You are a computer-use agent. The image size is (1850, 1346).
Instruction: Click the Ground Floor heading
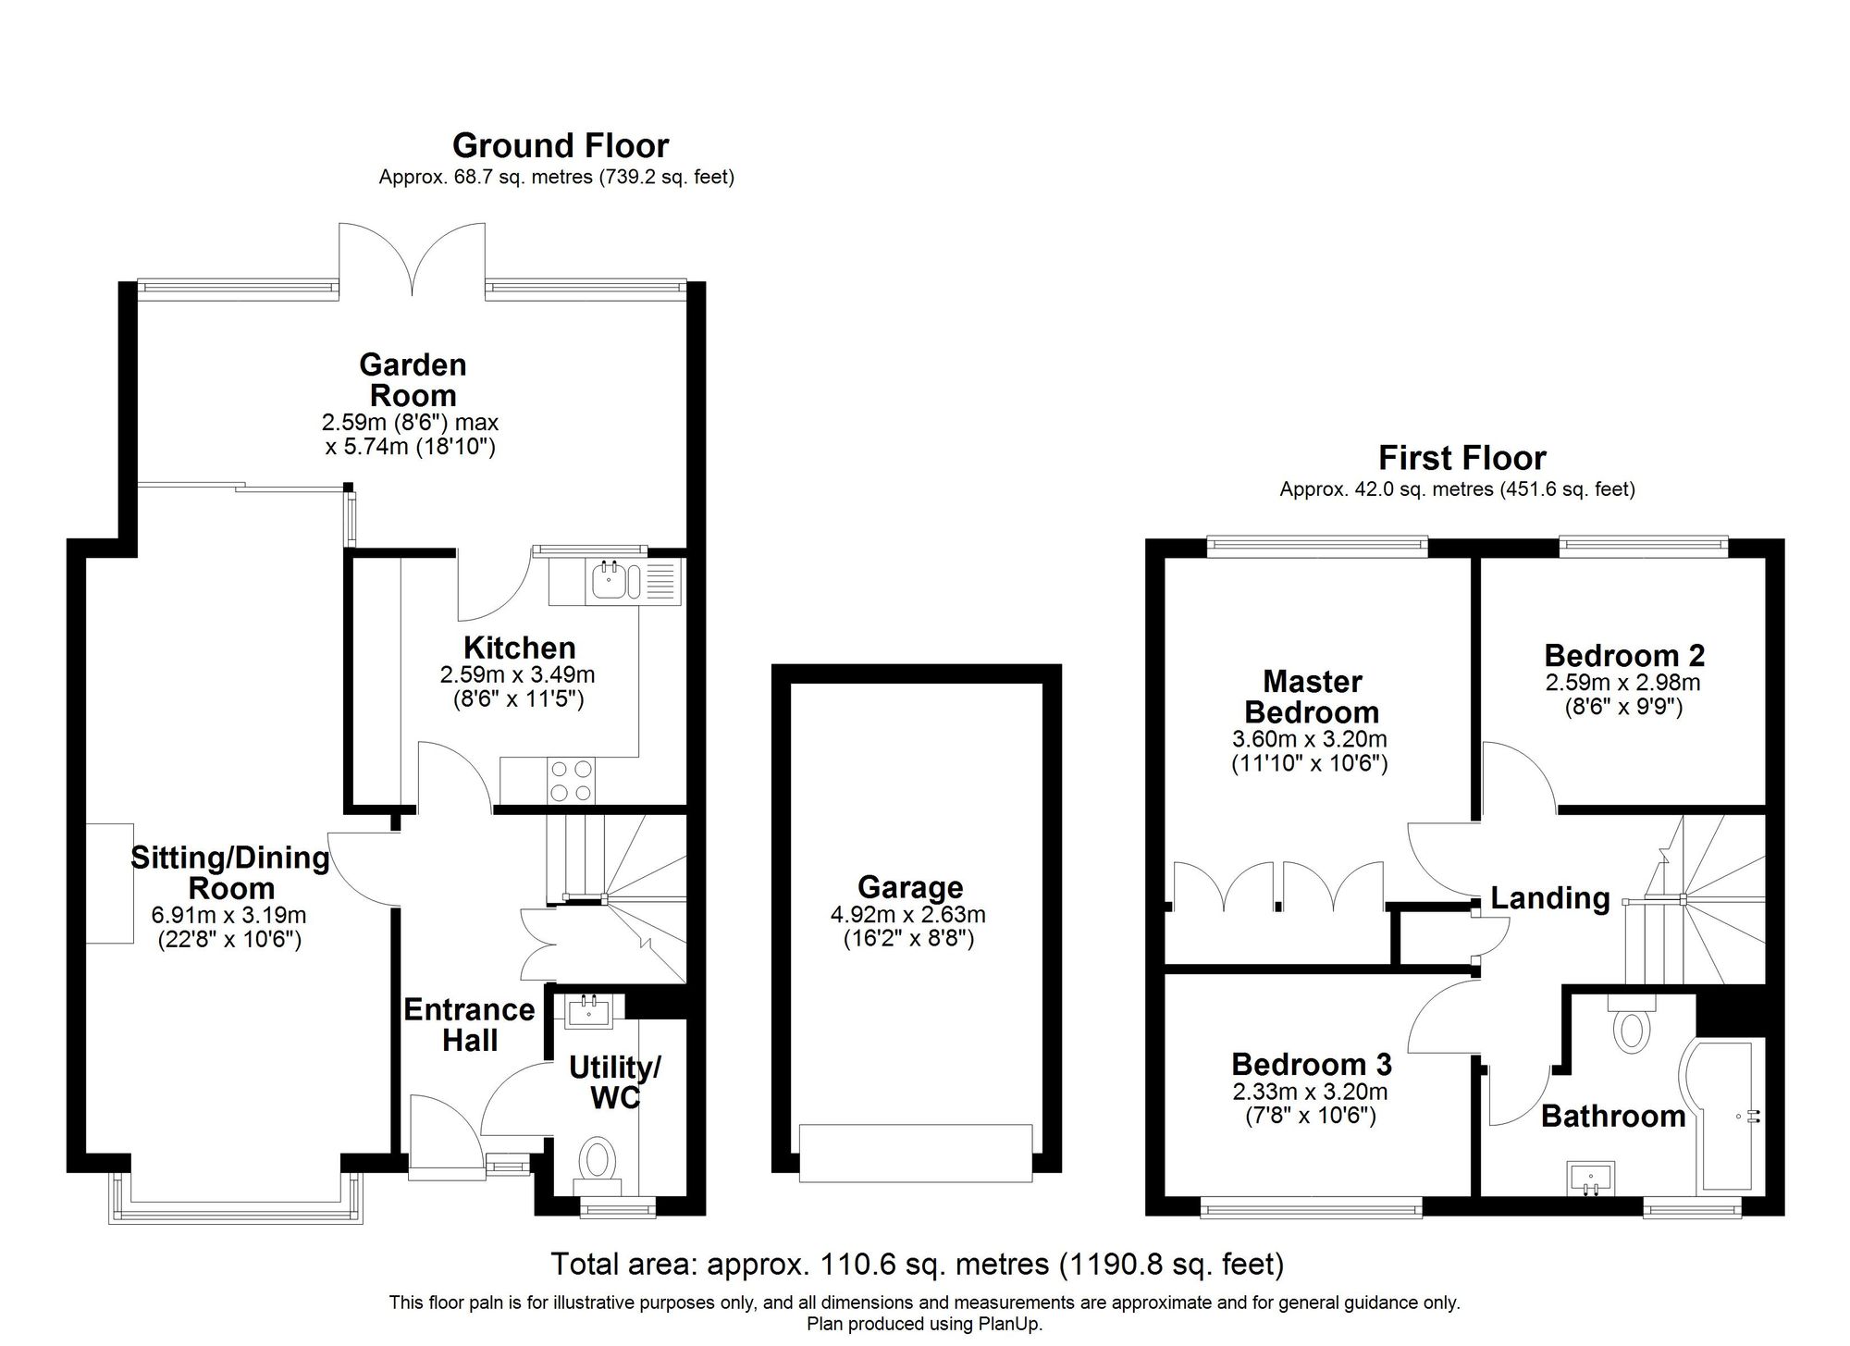click(x=561, y=146)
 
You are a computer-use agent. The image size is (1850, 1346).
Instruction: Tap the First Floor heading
click(x=1461, y=458)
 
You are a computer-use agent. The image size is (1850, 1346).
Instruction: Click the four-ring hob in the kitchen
click(x=572, y=779)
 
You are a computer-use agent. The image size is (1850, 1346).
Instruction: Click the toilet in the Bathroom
click(x=1632, y=1022)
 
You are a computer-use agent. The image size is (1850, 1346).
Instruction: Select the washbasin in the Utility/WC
click(x=588, y=1010)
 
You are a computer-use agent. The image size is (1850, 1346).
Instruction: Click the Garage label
click(x=910, y=887)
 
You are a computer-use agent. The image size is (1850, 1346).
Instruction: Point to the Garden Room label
click(x=413, y=379)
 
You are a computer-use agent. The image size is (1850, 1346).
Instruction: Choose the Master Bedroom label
click(x=1312, y=697)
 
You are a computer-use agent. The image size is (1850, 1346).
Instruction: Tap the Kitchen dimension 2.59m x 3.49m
click(x=517, y=675)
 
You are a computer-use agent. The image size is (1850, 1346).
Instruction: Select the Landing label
click(x=1550, y=898)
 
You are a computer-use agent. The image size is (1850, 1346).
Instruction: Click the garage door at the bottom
click(x=916, y=1153)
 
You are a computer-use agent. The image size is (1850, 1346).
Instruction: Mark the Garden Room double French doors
click(x=412, y=260)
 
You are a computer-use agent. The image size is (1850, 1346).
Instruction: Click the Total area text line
click(x=918, y=1263)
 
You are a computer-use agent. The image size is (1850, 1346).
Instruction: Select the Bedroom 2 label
click(x=1624, y=655)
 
